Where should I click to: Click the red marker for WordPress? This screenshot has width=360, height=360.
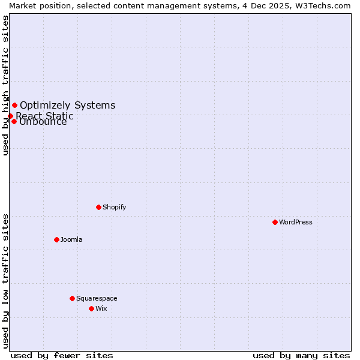click(x=275, y=222)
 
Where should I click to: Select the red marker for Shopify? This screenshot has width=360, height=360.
click(x=98, y=207)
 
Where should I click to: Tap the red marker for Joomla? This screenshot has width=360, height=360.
click(x=56, y=239)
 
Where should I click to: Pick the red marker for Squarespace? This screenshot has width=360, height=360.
click(x=72, y=298)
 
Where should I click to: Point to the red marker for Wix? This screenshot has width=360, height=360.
click(x=91, y=308)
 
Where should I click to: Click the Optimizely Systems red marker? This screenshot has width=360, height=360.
click(x=14, y=106)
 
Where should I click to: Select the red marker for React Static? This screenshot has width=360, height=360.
click(x=10, y=116)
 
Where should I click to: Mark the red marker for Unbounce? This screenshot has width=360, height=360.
click(x=14, y=121)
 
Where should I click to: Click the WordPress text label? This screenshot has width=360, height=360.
click(x=296, y=222)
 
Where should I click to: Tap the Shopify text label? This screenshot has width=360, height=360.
click(x=114, y=207)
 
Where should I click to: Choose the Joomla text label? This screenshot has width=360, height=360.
click(x=71, y=239)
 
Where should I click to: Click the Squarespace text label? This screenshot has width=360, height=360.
click(x=97, y=298)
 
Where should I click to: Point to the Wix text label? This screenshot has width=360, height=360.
click(x=101, y=308)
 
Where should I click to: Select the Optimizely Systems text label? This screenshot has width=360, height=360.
click(x=67, y=106)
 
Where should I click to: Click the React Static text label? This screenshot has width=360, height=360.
click(x=44, y=116)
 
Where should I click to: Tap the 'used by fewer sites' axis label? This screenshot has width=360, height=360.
click(x=62, y=355)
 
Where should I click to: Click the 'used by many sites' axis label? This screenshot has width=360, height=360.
click(x=301, y=355)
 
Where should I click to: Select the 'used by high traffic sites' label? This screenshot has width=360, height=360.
click(x=5, y=85)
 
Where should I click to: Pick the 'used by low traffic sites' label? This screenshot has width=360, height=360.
click(x=5, y=281)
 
